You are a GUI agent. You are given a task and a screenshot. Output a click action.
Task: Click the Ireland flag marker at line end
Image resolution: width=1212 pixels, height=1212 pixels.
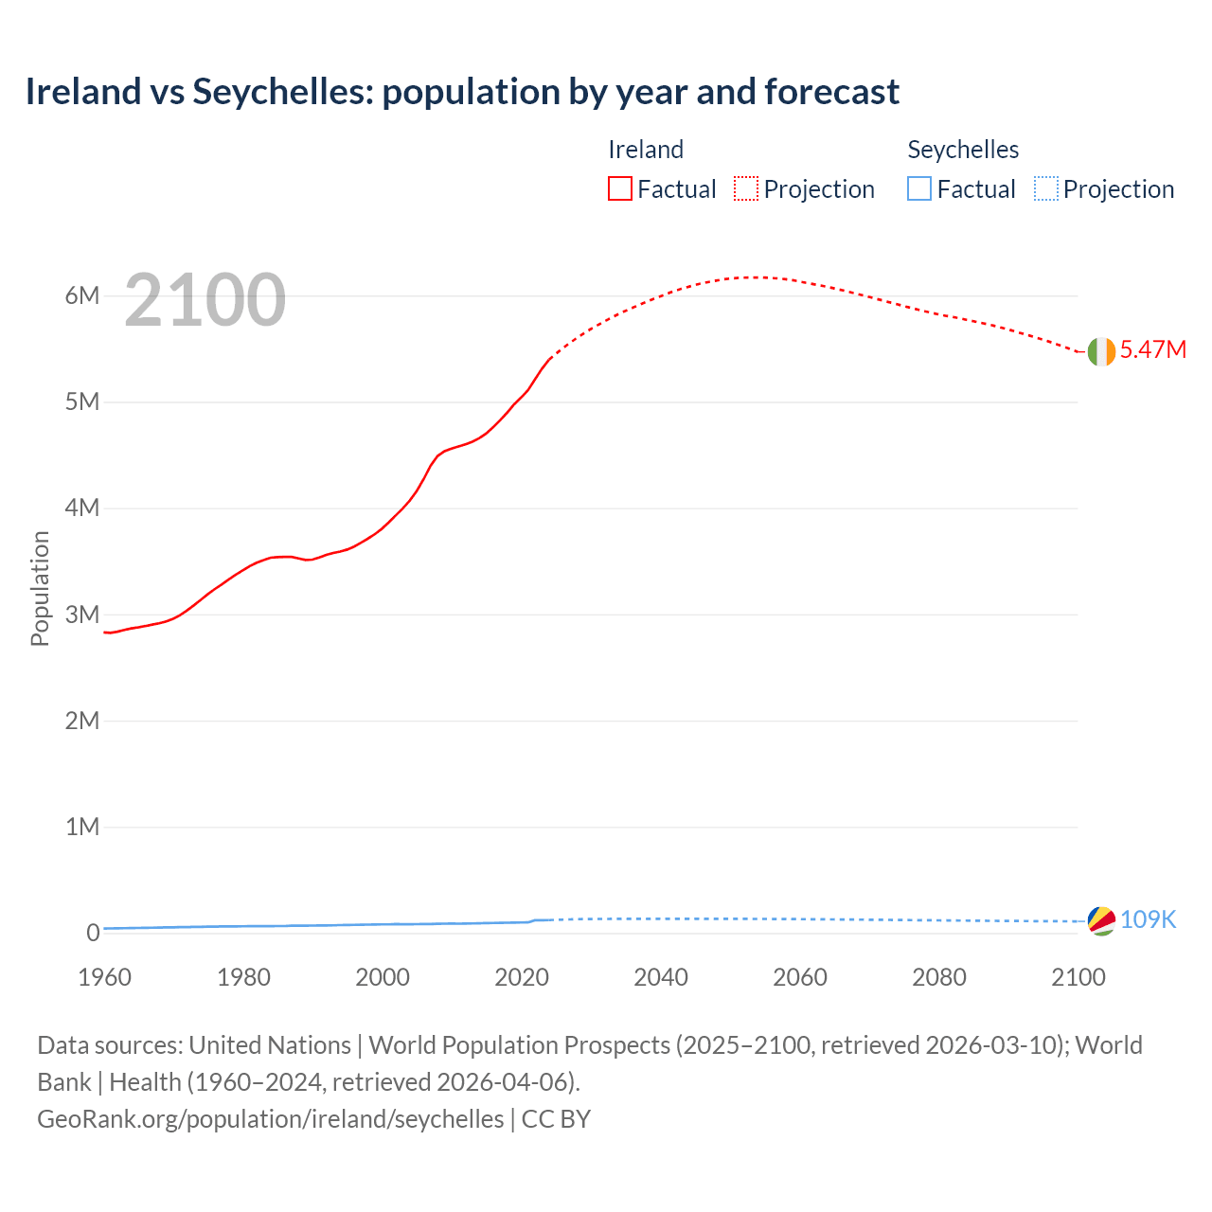(x=1101, y=351)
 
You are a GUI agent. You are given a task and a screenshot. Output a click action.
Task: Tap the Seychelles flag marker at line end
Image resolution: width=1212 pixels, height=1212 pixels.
(x=1101, y=920)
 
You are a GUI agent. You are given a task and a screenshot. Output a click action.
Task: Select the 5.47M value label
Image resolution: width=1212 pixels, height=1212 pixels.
(x=1153, y=350)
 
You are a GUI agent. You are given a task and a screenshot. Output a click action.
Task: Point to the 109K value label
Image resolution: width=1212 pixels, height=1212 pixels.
(x=1149, y=920)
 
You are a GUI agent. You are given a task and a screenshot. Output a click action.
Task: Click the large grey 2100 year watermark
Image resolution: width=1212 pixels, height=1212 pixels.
(x=205, y=300)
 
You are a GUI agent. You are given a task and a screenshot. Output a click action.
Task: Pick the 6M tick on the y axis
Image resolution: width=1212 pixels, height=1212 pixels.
(x=82, y=295)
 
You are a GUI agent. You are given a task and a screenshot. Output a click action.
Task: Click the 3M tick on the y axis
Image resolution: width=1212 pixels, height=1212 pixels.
(x=82, y=615)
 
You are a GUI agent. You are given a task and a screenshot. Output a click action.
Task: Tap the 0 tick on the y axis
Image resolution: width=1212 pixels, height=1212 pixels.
(x=93, y=934)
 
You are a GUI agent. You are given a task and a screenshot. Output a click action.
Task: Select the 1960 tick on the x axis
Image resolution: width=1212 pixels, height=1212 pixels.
(x=104, y=977)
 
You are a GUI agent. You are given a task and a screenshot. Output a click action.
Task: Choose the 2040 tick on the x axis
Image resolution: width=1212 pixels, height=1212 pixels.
(x=661, y=977)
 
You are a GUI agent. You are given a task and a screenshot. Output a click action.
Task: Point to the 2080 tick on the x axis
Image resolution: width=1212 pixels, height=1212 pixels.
(x=939, y=977)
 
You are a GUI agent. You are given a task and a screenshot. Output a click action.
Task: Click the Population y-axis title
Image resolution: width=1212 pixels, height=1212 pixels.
(x=40, y=588)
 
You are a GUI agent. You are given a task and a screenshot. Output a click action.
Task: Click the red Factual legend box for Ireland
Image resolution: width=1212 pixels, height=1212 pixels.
(x=620, y=189)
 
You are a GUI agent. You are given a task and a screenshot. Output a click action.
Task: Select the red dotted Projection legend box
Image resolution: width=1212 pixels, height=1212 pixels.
(x=746, y=189)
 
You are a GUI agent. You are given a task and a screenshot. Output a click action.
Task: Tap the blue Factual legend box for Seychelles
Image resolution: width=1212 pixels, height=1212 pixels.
(x=919, y=189)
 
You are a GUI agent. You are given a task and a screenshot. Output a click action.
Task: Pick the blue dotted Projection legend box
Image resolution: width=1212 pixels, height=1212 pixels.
(x=1045, y=189)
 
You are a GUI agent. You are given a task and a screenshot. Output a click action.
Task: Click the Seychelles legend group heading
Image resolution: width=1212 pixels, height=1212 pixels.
(x=963, y=150)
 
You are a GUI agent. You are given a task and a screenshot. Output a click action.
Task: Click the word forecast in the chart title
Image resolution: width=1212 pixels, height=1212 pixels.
(x=831, y=92)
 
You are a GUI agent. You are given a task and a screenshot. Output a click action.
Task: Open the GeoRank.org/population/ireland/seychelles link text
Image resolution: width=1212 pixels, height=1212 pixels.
(x=271, y=1119)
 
